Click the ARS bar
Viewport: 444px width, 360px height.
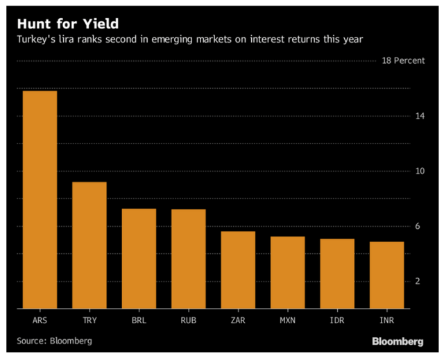click(40, 200)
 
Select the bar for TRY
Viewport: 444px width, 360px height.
click(89, 245)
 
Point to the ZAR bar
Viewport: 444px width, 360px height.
click(238, 270)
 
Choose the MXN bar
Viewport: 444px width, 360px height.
click(287, 273)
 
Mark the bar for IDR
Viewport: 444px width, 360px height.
click(337, 273)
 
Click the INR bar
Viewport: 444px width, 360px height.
click(386, 275)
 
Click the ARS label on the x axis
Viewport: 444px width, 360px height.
click(40, 320)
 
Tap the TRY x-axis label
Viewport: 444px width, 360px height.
click(89, 320)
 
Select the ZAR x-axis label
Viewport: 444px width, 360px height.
click(238, 320)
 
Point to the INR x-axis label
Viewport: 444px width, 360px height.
click(386, 320)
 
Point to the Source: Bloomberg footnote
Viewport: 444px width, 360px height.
click(54, 341)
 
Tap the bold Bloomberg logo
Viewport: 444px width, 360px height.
click(398, 342)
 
